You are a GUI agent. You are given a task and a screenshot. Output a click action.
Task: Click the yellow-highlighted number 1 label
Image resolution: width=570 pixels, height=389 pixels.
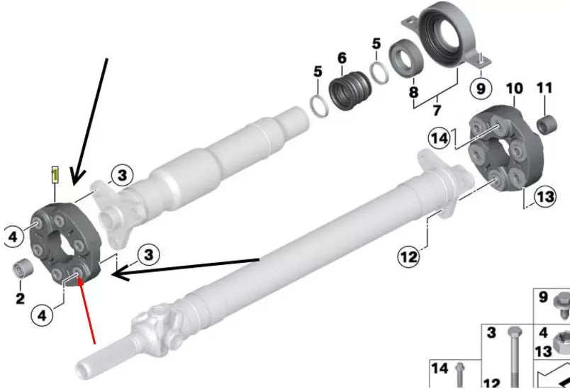(55, 175)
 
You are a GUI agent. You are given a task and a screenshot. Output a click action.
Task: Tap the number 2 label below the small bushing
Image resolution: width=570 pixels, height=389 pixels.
(21, 298)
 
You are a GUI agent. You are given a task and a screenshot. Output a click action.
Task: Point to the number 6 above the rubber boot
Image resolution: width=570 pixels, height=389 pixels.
(342, 58)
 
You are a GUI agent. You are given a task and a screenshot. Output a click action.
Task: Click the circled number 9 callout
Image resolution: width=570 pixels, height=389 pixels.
(481, 89)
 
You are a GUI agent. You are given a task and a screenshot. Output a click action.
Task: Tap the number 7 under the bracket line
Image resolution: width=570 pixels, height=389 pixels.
(437, 109)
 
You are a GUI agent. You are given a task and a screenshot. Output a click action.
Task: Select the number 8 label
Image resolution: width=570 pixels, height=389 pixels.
(414, 92)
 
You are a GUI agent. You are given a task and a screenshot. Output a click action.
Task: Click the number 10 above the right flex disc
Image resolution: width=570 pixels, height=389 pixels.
(515, 89)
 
